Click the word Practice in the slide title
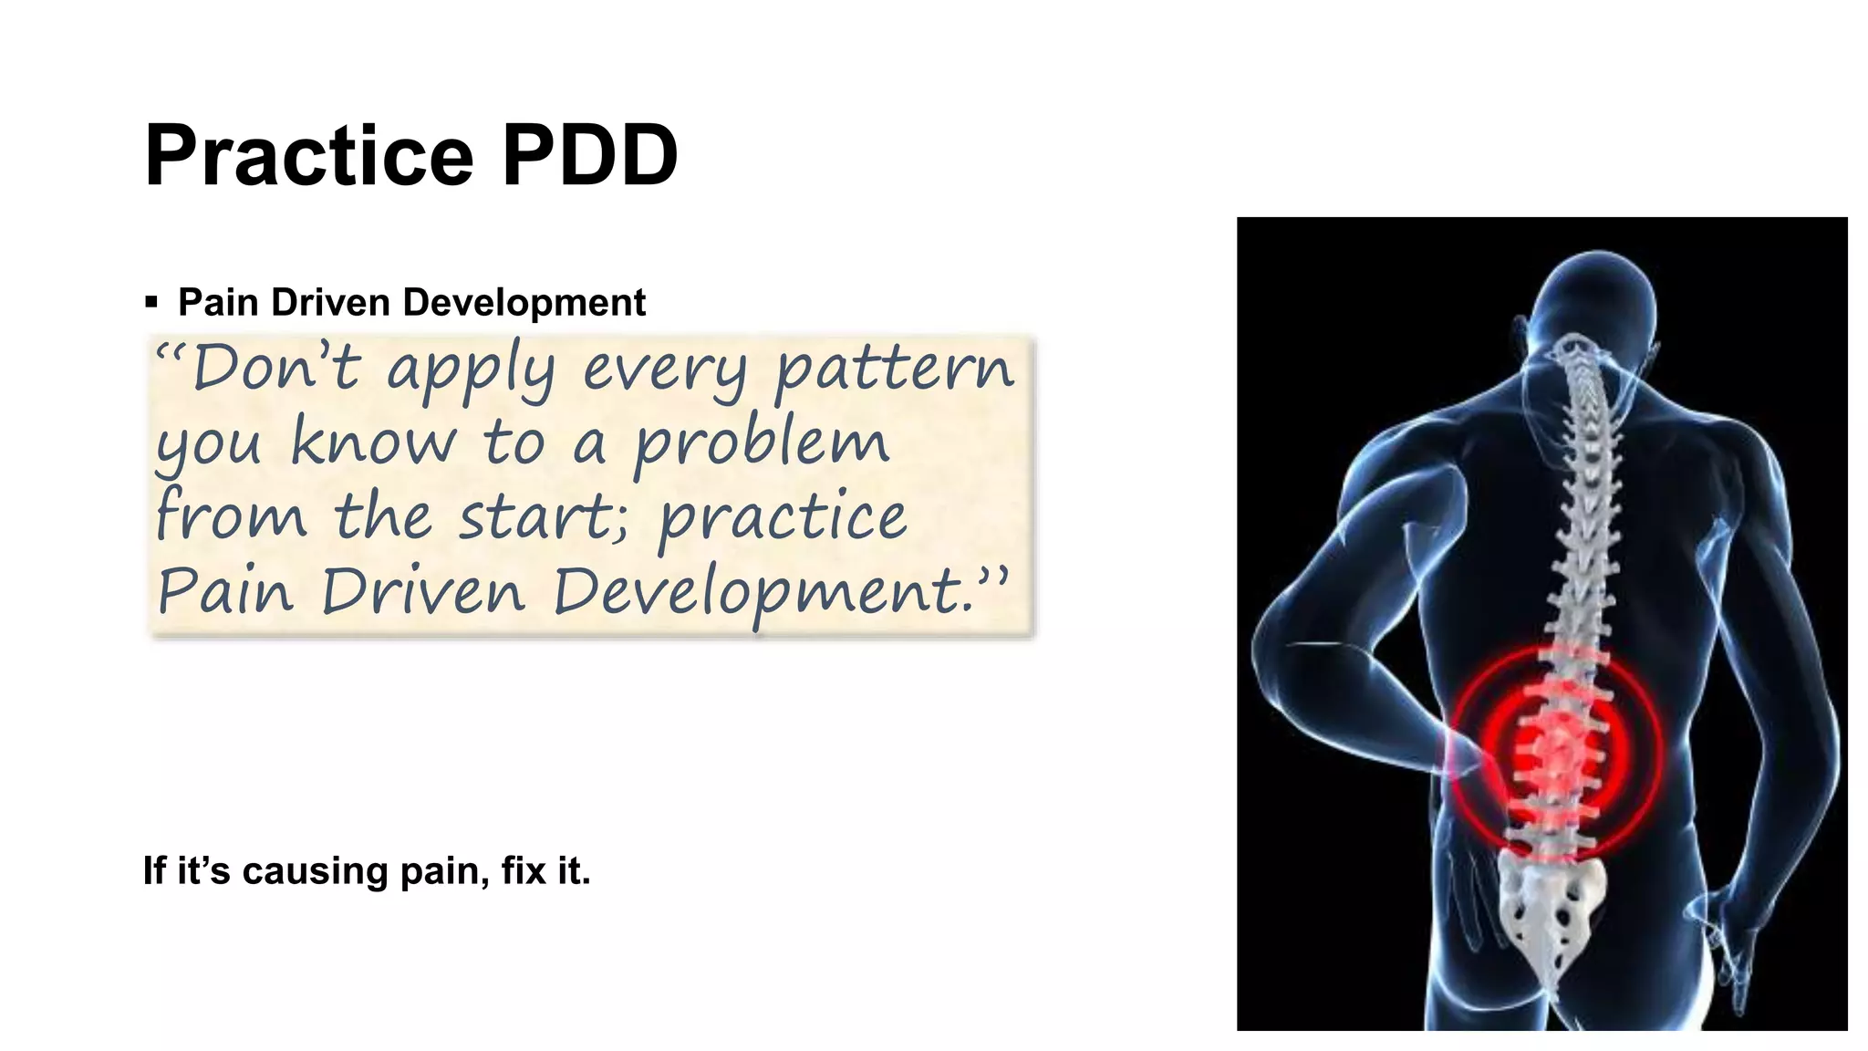click(x=308, y=156)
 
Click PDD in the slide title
click(x=589, y=156)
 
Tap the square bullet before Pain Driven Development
click(x=151, y=302)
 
